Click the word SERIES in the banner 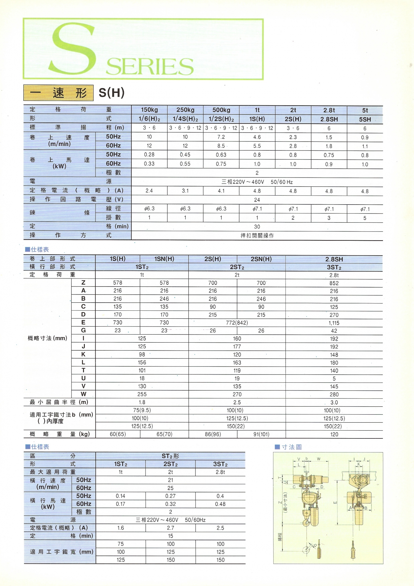[150, 66]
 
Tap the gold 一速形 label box [58, 93]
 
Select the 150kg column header [149, 110]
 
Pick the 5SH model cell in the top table [365, 119]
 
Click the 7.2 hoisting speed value [221, 137]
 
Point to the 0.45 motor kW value [185, 155]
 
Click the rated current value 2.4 [149, 191]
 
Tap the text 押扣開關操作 [257, 236]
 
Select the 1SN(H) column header [164, 259]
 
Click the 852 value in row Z [334, 283]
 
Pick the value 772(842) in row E [237, 323]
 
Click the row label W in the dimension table [83, 394]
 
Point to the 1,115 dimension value [334, 323]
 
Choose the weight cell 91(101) [261, 434]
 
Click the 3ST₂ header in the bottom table [220, 464]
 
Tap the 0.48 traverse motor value [220, 504]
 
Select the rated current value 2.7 [170, 528]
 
